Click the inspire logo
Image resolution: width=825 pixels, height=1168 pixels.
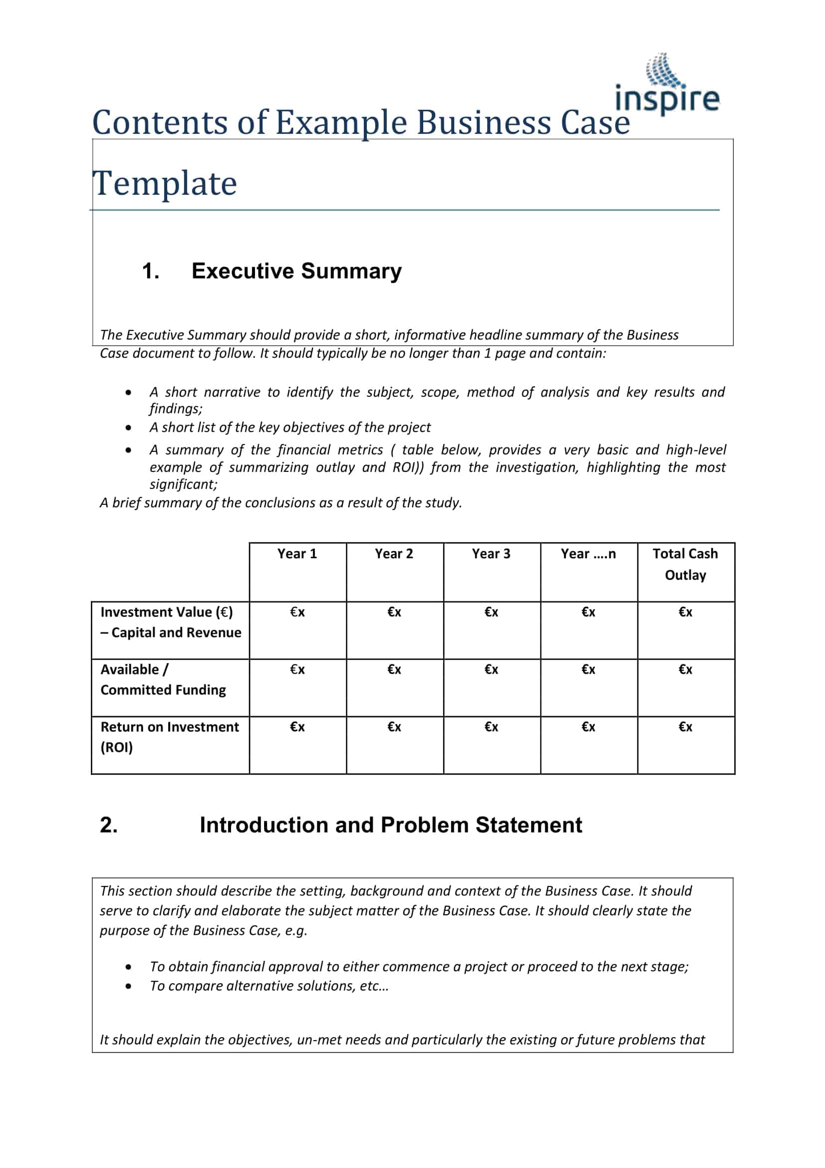point(667,86)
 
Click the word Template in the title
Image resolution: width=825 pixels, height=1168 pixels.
point(165,183)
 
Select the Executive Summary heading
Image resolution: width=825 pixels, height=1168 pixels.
point(296,271)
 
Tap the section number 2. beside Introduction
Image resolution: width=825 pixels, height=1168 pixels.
point(109,825)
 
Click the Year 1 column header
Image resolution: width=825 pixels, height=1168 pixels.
point(297,553)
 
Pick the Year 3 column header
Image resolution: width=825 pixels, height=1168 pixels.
point(491,553)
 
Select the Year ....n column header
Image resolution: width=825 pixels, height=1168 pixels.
point(588,553)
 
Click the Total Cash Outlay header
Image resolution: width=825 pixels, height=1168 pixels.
point(685,564)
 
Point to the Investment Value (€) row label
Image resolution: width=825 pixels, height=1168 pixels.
point(170,622)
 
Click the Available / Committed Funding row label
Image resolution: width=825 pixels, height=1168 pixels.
point(163,679)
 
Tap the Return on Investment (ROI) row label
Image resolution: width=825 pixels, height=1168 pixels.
point(169,737)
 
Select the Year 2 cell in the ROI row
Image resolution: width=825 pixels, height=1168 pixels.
point(394,727)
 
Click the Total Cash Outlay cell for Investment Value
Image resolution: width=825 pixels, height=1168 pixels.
point(685,612)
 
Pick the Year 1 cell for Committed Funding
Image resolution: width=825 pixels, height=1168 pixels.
point(297,670)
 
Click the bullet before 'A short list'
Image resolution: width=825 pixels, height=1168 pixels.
point(129,428)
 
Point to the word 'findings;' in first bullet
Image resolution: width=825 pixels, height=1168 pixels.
point(176,408)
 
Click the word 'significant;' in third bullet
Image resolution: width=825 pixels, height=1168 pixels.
point(184,484)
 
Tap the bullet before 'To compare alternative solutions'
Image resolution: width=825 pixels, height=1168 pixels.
point(129,986)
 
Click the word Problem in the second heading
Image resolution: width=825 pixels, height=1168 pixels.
point(425,825)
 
